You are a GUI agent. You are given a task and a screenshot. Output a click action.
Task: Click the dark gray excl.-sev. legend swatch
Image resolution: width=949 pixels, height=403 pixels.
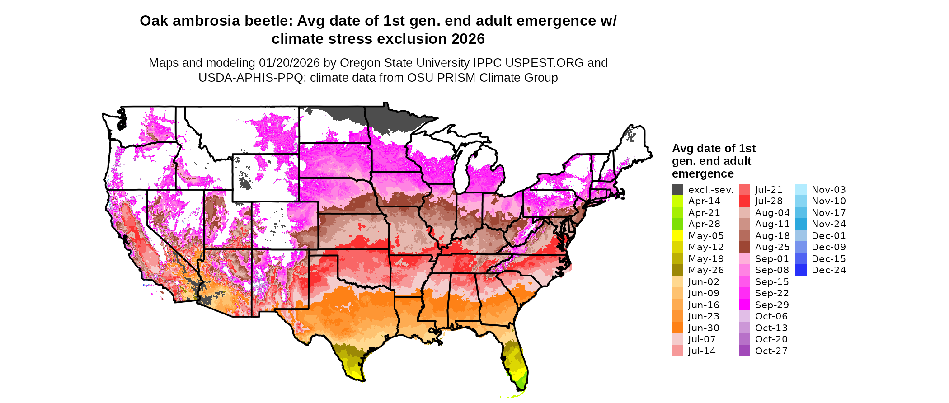677,190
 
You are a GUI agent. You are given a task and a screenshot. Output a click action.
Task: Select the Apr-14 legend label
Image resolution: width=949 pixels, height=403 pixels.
704,201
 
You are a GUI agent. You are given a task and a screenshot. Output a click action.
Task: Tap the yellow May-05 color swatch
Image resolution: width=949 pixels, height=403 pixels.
677,236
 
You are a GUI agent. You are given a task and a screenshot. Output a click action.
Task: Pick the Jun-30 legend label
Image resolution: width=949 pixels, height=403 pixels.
704,328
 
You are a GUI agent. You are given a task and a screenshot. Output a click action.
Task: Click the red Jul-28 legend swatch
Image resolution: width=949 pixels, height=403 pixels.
744,201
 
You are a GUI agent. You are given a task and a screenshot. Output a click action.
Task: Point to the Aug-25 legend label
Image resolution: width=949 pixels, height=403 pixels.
772,247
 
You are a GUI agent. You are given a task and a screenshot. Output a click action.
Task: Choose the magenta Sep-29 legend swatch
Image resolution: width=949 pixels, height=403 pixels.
744,305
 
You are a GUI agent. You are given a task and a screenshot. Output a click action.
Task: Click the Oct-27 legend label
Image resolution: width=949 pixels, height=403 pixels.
771,351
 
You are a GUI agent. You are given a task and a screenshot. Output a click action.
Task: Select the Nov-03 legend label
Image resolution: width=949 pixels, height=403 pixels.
829,190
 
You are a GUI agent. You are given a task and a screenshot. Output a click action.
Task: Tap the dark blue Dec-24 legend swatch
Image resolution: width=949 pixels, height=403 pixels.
800,270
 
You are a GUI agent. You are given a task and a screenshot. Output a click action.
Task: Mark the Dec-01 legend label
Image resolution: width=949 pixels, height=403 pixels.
828,236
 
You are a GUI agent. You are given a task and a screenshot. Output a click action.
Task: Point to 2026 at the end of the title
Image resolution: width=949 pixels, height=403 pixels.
467,39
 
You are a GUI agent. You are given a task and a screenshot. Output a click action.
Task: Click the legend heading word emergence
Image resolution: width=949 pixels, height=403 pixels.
703,174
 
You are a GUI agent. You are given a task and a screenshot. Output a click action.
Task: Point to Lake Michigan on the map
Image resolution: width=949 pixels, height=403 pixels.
461,169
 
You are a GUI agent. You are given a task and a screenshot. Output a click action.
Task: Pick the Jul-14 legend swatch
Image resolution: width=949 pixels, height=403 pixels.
677,351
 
